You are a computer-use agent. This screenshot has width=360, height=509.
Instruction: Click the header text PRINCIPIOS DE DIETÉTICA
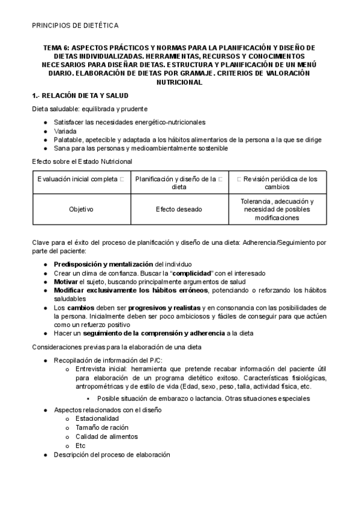coord(75,25)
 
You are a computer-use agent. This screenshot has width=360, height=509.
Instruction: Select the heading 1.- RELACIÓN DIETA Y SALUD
coord(80,95)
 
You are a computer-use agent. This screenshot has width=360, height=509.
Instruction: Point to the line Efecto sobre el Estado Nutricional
coord(82,161)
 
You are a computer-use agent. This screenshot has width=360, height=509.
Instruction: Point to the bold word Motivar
coord(65,282)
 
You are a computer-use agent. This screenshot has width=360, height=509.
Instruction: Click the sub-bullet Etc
coord(80,445)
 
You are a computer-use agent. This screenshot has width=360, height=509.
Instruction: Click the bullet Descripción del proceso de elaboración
coord(112,455)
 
